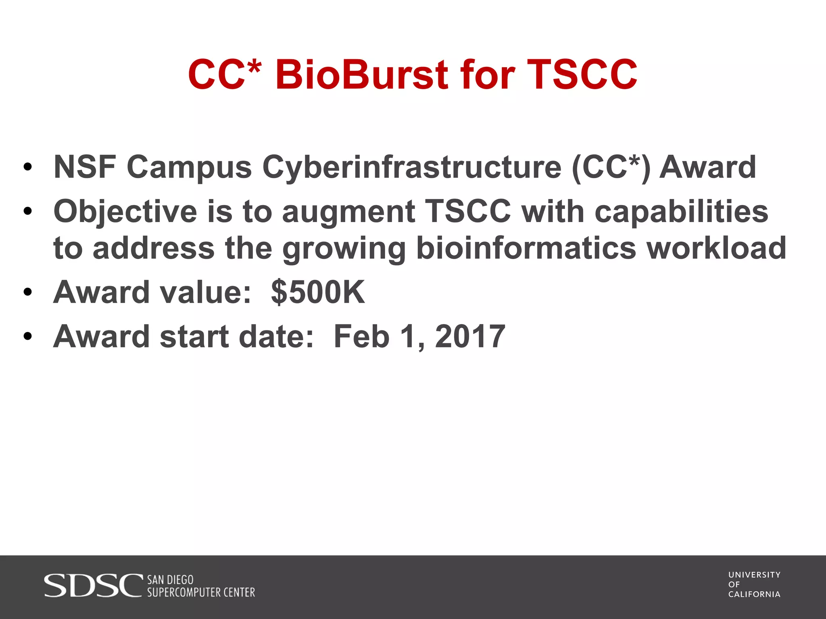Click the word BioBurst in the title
361,75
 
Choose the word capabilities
681,212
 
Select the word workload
716,248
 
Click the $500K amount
318,292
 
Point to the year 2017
470,337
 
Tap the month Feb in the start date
361,337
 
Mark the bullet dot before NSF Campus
27,167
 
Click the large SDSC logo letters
93,586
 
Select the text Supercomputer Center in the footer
201,592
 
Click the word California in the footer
754,594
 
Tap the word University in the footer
754,575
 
